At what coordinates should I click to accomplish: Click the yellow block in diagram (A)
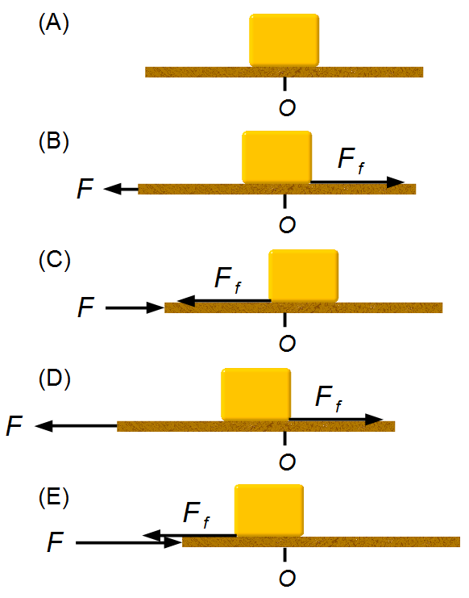pos(284,40)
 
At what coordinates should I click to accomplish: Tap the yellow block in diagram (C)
pos(304,276)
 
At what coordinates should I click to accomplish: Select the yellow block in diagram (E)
pos(269,510)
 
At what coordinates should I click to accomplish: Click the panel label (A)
pos(54,23)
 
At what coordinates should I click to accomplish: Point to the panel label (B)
pos(54,141)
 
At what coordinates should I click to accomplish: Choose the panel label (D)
pos(55,378)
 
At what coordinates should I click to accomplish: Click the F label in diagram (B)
pos(85,188)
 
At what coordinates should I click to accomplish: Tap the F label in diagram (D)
pos(15,425)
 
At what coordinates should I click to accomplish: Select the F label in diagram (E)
pos(55,542)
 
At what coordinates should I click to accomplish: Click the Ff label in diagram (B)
pos(351,161)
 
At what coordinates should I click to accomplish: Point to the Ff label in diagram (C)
pos(228,280)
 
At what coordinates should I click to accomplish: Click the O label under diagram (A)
pos(287,108)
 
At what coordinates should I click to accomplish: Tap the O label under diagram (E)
pos(287,579)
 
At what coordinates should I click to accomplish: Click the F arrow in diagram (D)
pos(76,425)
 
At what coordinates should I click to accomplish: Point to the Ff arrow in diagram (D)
pos(337,419)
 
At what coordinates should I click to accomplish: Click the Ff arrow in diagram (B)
pos(358,182)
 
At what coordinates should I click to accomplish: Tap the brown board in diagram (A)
pos(284,72)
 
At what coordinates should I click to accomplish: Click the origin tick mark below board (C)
pos(284,320)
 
